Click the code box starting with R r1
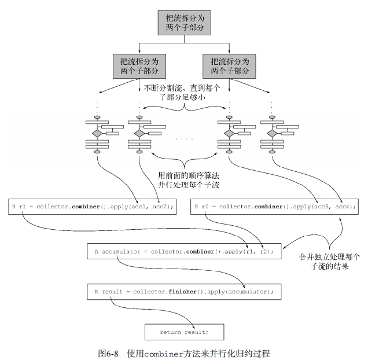point(93,207)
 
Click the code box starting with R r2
point(275,207)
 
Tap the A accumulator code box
point(183,252)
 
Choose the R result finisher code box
point(183,292)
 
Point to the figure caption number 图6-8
point(108,352)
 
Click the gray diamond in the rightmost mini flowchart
point(273,133)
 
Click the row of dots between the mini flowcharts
point(185,139)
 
